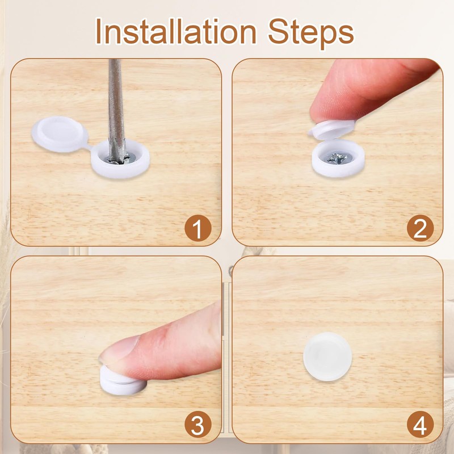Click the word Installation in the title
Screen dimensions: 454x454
coord(176,31)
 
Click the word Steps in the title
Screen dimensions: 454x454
coord(311,33)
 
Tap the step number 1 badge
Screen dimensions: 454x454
coord(198,228)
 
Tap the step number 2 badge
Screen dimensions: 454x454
coord(420,228)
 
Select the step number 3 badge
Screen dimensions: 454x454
coord(198,424)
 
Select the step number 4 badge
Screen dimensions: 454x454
coord(420,424)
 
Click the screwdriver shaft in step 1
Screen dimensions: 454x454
coord(116,110)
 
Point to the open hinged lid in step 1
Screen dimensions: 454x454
coord(60,134)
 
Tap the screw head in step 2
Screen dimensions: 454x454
coord(338,158)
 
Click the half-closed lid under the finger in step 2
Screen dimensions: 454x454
coord(332,129)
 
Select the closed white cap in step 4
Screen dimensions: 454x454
coord(327,357)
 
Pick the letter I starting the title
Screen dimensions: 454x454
coord(98,31)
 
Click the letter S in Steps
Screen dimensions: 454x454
coord(278,31)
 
